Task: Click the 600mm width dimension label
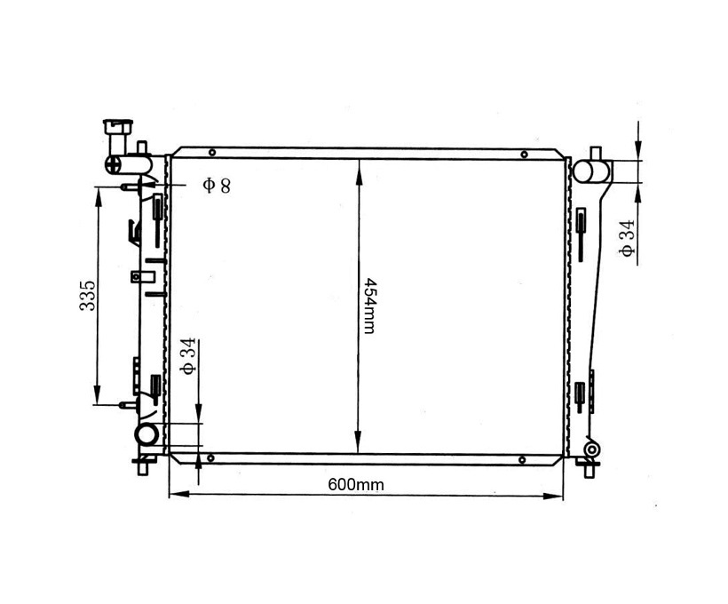click(356, 485)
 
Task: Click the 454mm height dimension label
click(369, 306)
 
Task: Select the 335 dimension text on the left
click(87, 296)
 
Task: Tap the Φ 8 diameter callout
click(217, 186)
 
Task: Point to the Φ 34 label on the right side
click(627, 238)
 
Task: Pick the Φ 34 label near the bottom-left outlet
click(188, 356)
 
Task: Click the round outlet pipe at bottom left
click(146, 435)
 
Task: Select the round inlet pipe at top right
click(586, 171)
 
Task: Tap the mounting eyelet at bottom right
click(591, 449)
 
